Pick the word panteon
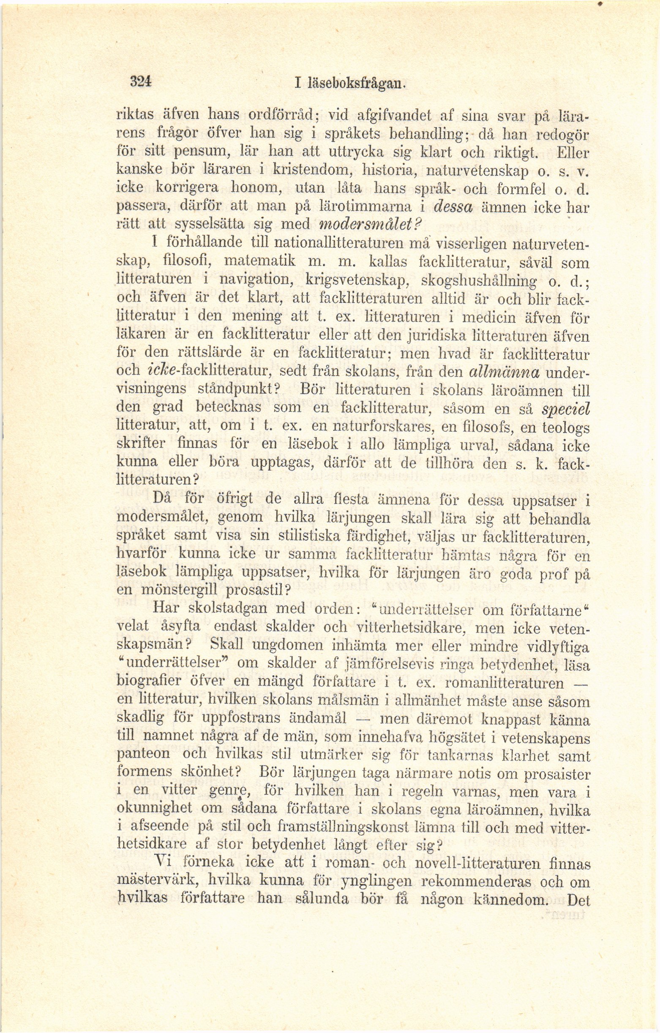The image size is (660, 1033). pyautogui.click(x=143, y=756)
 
